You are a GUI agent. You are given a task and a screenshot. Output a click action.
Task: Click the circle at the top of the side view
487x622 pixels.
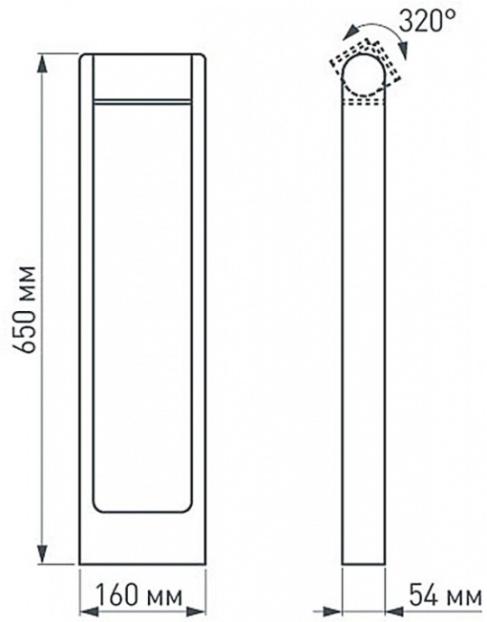click(365, 76)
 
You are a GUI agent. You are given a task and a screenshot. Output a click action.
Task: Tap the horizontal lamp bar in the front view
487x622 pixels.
click(142, 100)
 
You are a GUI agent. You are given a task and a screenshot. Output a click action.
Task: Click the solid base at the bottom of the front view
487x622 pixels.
click(142, 541)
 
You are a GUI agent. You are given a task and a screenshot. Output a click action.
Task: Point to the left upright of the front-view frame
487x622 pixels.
click(86, 306)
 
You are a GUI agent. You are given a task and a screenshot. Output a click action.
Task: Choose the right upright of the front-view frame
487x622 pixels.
click(199, 306)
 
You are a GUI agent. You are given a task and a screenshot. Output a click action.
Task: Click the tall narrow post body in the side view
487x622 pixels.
click(365, 334)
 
